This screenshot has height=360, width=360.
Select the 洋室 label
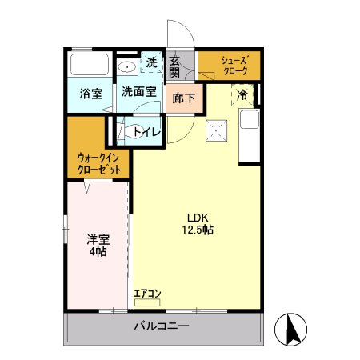(97, 238)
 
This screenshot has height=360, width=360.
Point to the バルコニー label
(162, 326)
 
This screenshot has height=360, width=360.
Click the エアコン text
(147, 293)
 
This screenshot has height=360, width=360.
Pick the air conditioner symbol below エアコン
(147, 302)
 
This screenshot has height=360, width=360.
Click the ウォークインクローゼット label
(100, 164)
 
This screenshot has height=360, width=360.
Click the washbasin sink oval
(127, 67)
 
